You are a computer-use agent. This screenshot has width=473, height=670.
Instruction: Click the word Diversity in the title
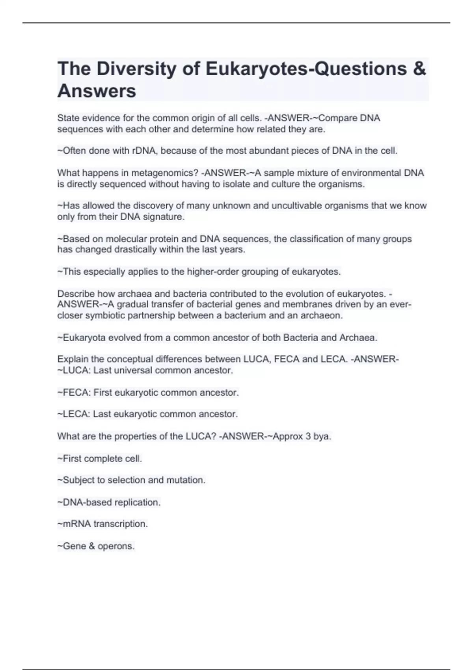click(135, 69)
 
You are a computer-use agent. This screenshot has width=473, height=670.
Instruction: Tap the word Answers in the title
click(97, 91)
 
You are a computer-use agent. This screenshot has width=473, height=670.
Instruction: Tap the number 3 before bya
click(308, 437)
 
